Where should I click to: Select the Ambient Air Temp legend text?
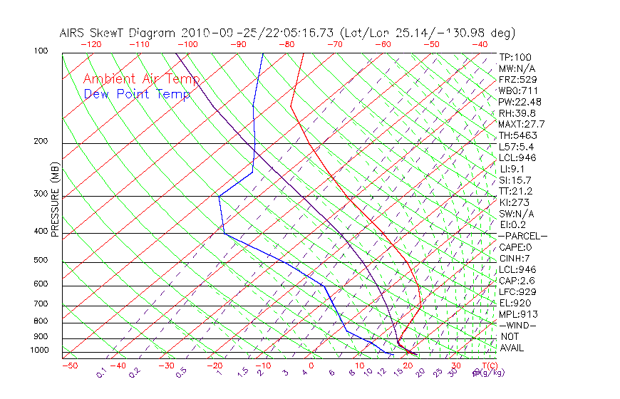click(141, 79)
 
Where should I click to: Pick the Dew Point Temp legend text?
click(137, 94)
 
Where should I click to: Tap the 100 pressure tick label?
click(40, 51)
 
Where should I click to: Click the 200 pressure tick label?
click(40, 142)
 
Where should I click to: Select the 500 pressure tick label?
click(40, 261)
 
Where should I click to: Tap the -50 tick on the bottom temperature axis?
click(69, 366)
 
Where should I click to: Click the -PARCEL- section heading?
click(522, 236)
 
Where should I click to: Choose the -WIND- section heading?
click(517, 325)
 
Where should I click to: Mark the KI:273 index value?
click(515, 202)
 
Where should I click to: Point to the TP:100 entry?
click(515, 57)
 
